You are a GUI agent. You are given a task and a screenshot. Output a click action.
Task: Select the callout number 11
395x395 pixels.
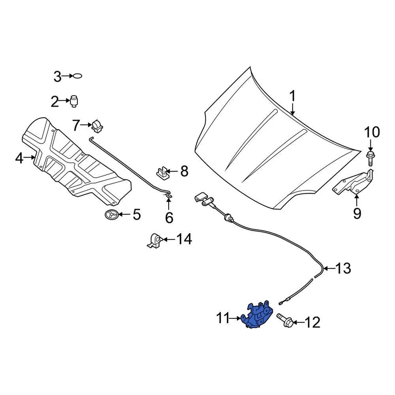tap(223, 318)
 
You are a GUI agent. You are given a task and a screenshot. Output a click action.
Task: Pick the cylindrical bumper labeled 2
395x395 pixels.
tap(74, 101)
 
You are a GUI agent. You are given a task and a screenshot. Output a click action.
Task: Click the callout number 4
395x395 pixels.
tap(19, 158)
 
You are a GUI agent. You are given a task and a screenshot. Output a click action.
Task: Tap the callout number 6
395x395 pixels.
tap(169, 217)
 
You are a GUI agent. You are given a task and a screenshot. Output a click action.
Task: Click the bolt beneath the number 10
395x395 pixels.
tap(369, 159)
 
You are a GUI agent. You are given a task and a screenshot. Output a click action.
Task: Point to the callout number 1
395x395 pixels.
tap(292, 97)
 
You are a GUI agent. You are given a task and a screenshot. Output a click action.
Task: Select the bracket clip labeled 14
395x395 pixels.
tap(154, 241)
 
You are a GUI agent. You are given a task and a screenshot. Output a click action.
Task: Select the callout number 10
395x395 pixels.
tap(372, 132)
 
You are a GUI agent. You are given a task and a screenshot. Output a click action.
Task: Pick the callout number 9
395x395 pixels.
tap(356, 213)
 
